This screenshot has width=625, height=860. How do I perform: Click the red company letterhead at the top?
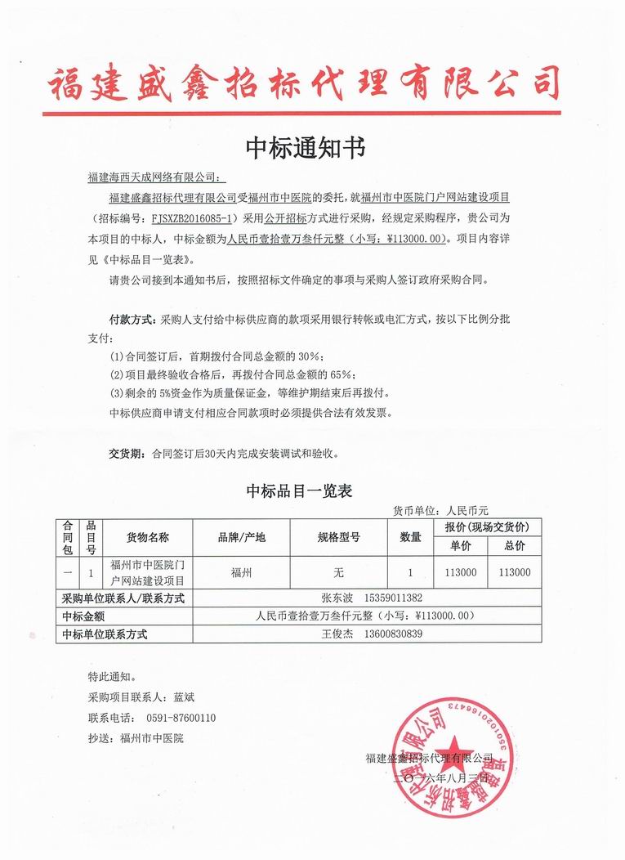(x=306, y=84)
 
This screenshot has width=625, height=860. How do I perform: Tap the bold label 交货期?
(x=126, y=452)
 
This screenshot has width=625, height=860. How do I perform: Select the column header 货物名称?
(x=147, y=537)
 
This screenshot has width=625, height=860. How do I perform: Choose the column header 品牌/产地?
(x=241, y=537)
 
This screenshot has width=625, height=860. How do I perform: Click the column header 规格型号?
(x=338, y=537)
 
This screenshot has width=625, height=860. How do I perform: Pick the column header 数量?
(x=410, y=537)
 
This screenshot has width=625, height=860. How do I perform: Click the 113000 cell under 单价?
(x=461, y=572)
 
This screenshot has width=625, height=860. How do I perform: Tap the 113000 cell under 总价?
(x=515, y=572)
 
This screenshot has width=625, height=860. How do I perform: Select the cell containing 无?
(x=338, y=572)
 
